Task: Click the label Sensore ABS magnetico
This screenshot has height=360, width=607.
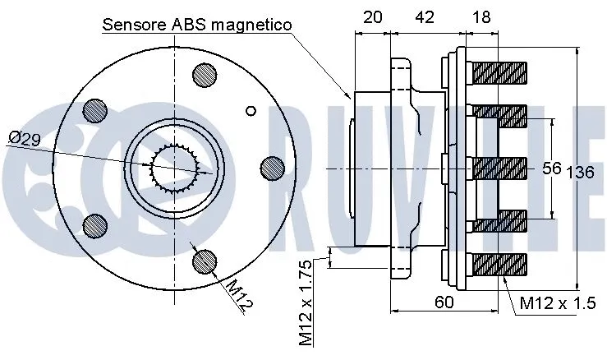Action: [x=197, y=25]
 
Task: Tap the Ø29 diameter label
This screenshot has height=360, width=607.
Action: [x=25, y=139]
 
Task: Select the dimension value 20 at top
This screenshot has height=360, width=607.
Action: [x=371, y=16]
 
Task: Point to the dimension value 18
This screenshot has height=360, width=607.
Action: [x=481, y=16]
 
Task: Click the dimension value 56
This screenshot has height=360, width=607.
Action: [x=551, y=168]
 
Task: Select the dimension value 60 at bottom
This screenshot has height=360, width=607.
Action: [x=444, y=302]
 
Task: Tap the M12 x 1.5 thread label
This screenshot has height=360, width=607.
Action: [x=557, y=303]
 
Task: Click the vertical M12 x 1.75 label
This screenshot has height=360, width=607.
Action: [x=306, y=302]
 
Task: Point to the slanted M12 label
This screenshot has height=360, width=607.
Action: [x=237, y=295]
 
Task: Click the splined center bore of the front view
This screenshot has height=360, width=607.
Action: [x=175, y=168]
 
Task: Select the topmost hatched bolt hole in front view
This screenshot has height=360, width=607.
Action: [x=205, y=76]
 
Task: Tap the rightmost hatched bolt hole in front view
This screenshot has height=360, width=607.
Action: [x=272, y=168]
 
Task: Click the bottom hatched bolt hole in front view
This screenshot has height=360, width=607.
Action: [x=205, y=261]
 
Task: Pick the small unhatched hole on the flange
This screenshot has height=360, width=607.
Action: [x=251, y=110]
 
